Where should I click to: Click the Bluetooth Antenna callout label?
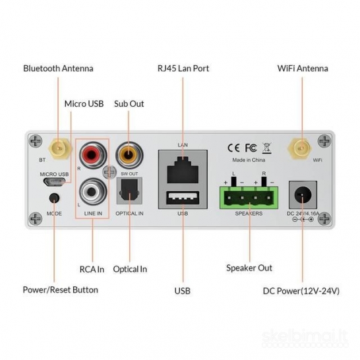tap(58, 69)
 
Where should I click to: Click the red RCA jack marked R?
tap(90, 156)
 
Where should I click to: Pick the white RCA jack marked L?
tap(90, 193)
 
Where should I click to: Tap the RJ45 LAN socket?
tap(183, 169)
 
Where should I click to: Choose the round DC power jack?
tap(303, 195)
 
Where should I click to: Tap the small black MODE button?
tap(55, 198)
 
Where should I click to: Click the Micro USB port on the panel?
tap(54, 184)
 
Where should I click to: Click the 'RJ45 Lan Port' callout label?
tap(183, 69)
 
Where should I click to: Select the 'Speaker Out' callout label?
tap(249, 268)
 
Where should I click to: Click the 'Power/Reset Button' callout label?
tap(60, 289)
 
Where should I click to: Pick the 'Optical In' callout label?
tap(130, 269)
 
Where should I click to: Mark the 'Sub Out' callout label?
tap(129, 104)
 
